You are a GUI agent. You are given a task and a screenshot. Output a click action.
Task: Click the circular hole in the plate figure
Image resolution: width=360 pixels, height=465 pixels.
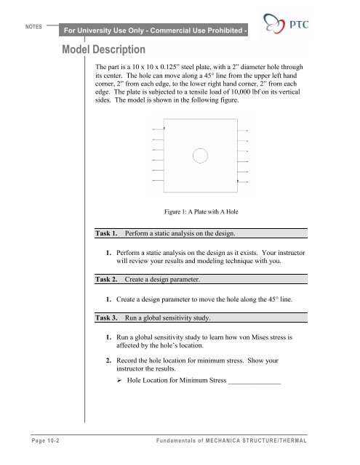[x=199, y=155]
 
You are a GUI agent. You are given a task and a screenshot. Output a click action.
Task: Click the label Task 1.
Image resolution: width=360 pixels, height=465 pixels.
[x=107, y=234]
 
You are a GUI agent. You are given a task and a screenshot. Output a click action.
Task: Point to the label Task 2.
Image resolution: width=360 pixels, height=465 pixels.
[x=107, y=279]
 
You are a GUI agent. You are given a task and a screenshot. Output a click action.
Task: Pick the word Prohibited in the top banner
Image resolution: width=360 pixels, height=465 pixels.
[x=217, y=31]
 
